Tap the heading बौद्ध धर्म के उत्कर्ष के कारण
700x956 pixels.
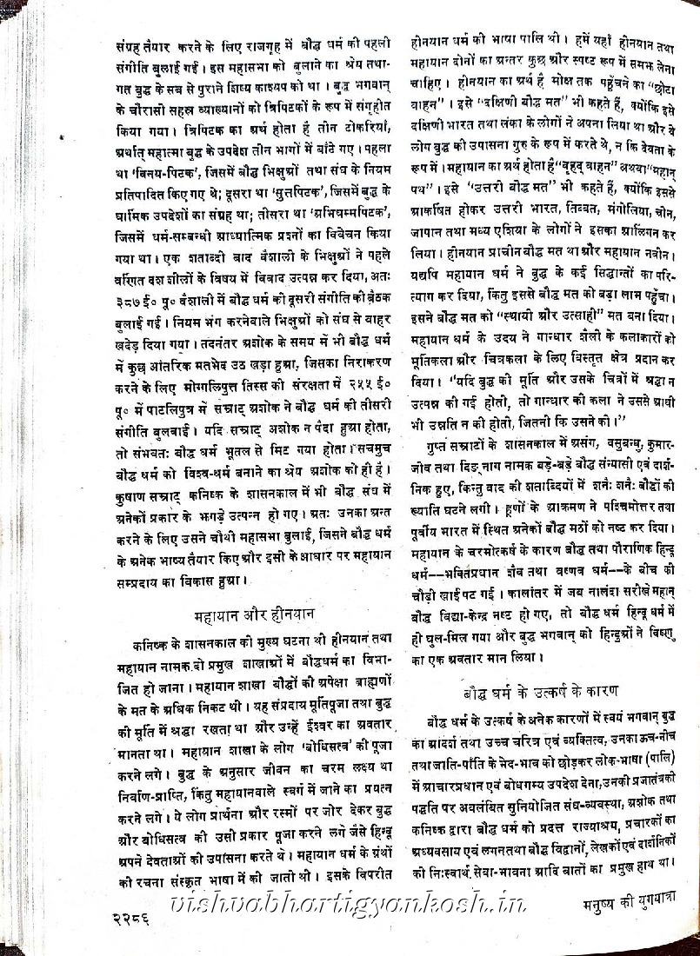coord(541,692)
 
